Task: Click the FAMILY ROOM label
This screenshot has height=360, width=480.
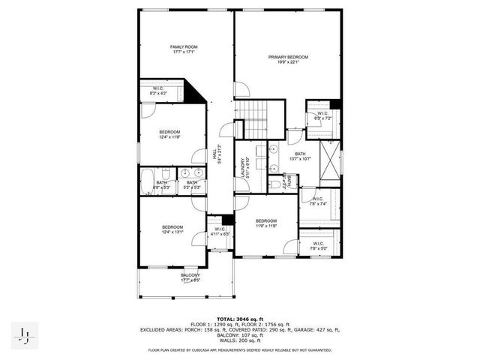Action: coord(184,47)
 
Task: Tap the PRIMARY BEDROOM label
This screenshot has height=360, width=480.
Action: coord(289,57)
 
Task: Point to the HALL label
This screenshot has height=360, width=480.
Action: coord(214,154)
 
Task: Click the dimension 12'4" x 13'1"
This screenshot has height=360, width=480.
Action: coord(173,232)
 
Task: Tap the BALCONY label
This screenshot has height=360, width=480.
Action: coord(190,275)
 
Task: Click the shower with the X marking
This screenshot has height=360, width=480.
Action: coord(328,158)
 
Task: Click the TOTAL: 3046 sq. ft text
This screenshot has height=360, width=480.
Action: coord(239,319)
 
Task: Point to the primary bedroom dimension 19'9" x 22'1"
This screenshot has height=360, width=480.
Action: coord(289,62)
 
